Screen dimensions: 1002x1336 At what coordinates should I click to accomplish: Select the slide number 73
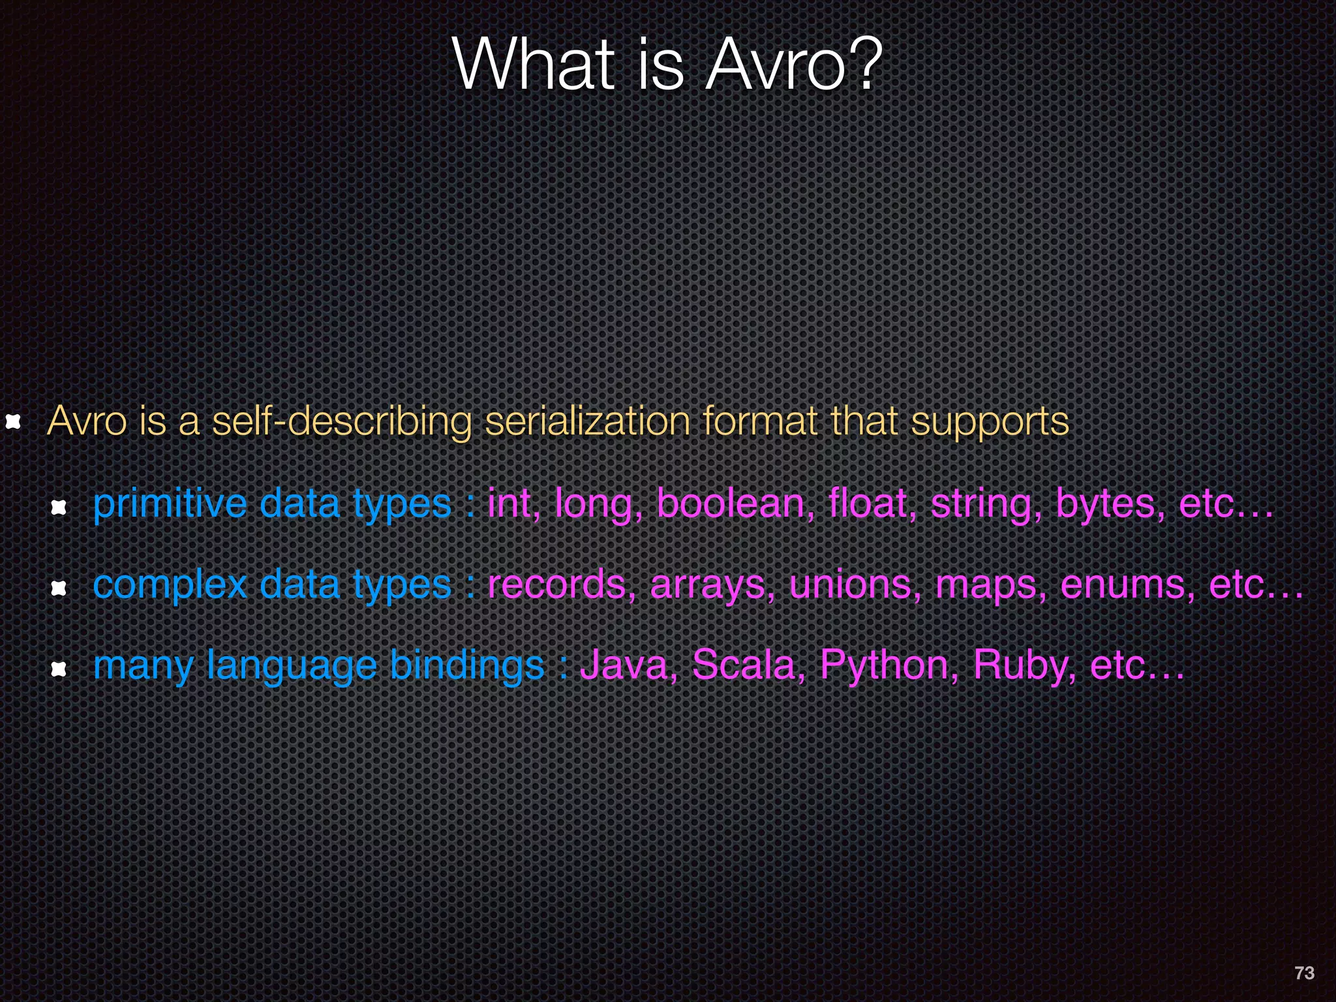point(1304,973)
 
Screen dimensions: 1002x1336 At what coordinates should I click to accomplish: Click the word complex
point(170,585)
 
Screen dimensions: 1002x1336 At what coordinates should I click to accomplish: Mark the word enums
point(1129,584)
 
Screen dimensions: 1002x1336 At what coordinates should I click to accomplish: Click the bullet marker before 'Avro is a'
point(13,421)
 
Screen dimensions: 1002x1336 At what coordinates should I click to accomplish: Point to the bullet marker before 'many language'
point(59,668)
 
